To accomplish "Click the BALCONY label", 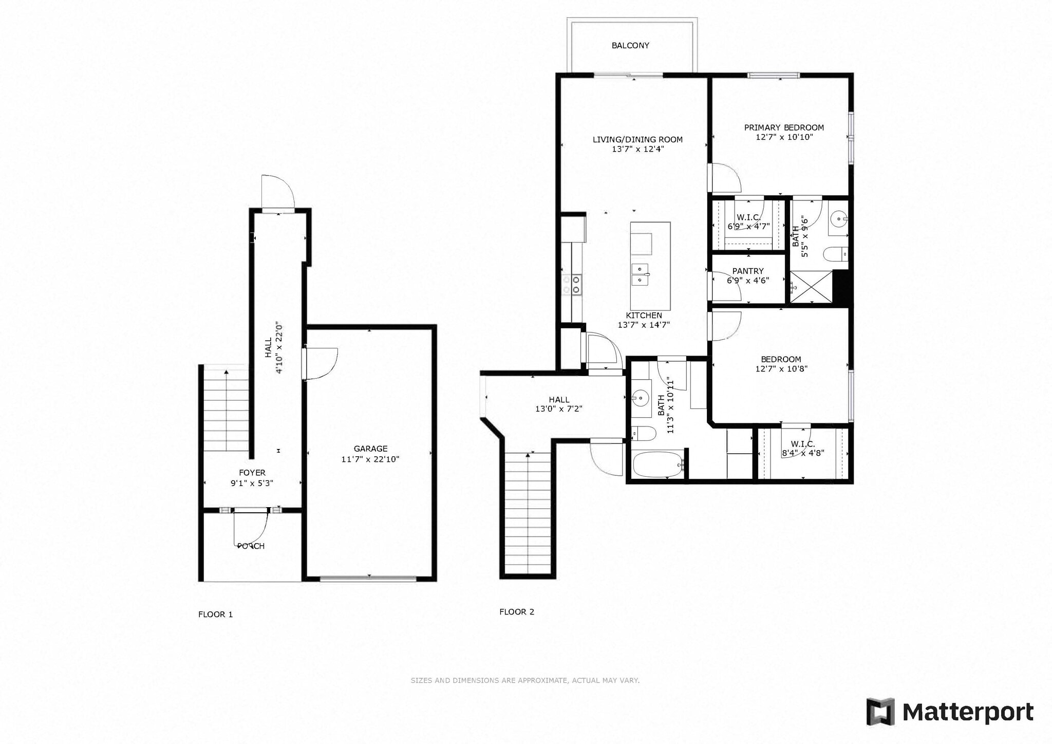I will click(630, 45).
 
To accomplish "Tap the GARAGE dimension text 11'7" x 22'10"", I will click(370, 459).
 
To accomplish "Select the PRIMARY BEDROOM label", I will click(784, 127).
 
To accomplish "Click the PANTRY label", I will click(748, 271).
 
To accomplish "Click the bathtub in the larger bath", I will click(658, 464).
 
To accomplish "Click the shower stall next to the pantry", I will click(811, 287).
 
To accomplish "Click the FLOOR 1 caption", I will click(215, 614).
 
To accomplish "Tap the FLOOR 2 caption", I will click(517, 611).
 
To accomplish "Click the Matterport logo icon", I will click(880, 712).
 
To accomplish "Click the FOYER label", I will click(252, 473).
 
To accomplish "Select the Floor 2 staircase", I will click(528, 514).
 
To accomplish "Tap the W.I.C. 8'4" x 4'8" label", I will click(803, 444).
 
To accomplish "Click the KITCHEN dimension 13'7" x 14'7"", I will click(644, 325).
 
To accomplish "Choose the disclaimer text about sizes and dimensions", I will click(525, 680).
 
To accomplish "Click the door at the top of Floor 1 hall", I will click(277, 193).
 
